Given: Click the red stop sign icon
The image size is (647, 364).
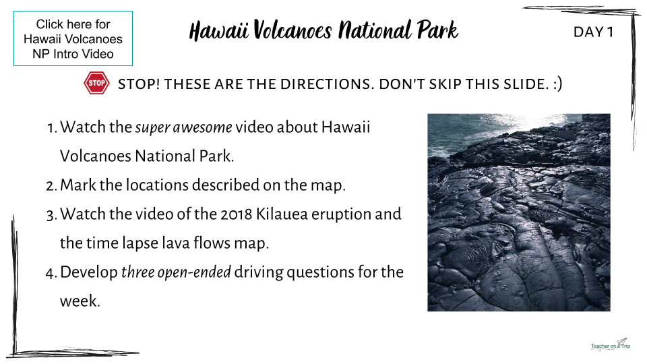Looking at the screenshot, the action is point(96,83).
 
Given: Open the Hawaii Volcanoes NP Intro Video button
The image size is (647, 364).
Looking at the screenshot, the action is point(73,38).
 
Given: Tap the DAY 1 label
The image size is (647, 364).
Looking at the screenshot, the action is point(593,32).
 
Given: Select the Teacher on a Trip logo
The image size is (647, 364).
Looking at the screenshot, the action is point(611,344).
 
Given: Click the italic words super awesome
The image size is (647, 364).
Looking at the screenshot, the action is point(183,127).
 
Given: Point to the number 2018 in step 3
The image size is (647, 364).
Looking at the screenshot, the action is point(237,214).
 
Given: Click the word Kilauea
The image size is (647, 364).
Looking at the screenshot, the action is point(282,214).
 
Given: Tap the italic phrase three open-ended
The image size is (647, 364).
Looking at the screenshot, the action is point(176,272).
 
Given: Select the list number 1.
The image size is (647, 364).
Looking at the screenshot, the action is point(52,128).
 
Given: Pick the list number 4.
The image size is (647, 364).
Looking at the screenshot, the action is point(51,273).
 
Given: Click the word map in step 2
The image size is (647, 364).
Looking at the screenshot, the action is point(328,185).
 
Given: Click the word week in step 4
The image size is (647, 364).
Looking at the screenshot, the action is point(80,301).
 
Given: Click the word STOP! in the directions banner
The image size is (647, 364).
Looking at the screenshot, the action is point(139,84).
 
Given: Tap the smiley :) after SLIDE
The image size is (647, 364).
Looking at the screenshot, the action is point(557,84).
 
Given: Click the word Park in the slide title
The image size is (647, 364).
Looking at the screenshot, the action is point(437,30).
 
